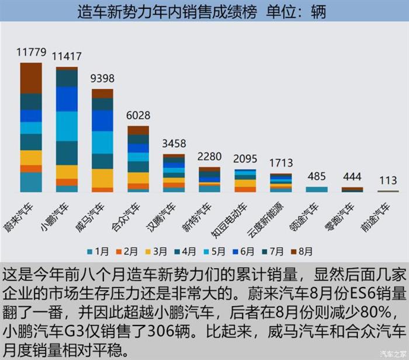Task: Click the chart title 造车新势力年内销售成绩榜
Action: [167, 12]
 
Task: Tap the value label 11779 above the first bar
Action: [31, 53]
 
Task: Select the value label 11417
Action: [67, 57]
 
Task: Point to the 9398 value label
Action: [102, 79]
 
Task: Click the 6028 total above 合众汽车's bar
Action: [138, 115]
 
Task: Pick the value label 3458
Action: [174, 144]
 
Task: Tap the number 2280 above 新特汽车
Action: [210, 157]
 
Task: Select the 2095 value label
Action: [245, 159]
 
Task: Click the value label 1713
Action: [281, 162]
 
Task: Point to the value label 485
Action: [317, 176]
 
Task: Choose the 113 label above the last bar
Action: [388, 180]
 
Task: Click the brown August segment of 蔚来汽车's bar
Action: [31, 78]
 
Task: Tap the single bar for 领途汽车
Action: [317, 189]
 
